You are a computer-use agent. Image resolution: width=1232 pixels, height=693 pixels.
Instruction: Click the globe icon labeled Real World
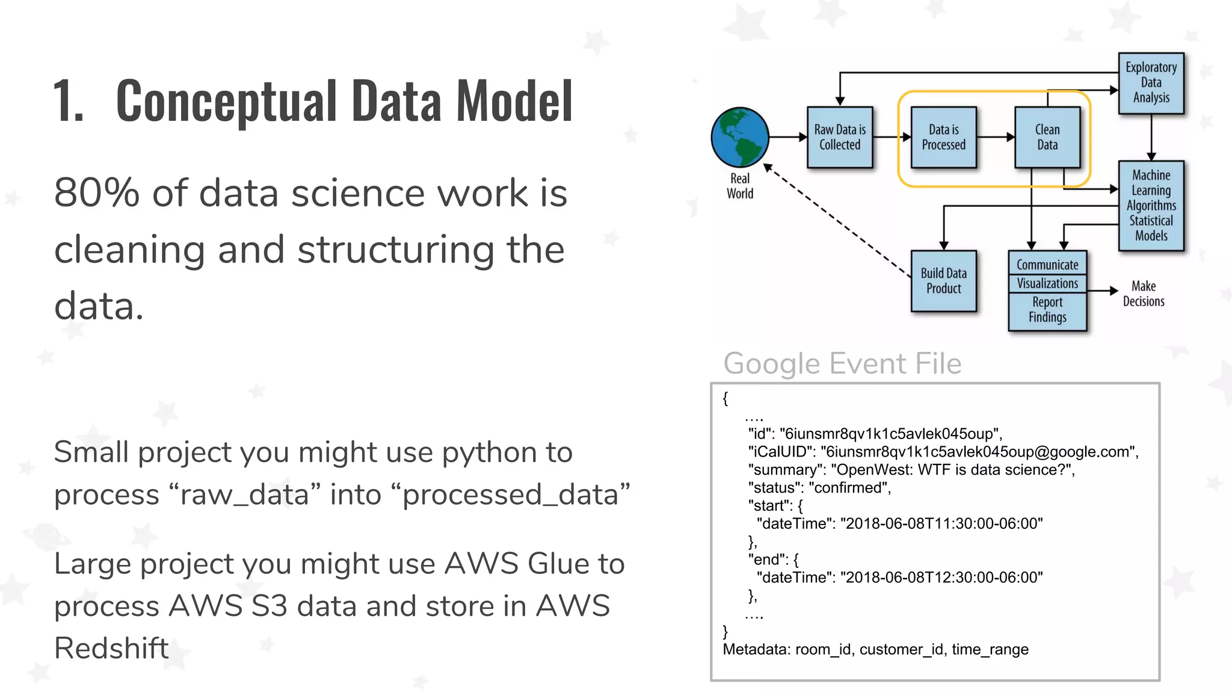[x=739, y=137]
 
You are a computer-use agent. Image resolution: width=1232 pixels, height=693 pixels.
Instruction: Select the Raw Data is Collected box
[x=840, y=137]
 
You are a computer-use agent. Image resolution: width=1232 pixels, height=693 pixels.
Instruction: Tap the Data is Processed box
[x=943, y=137]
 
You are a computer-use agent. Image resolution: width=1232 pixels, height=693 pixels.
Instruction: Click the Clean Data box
[x=1047, y=137]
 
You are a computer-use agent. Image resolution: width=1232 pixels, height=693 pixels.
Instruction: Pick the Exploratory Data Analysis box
[x=1151, y=83]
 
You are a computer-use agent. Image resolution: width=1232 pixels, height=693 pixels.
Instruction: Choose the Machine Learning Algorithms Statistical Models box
[x=1151, y=205]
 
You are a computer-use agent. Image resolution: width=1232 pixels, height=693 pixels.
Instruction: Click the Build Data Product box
[x=943, y=281]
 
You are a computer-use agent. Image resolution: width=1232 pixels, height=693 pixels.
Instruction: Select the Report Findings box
[x=1047, y=310]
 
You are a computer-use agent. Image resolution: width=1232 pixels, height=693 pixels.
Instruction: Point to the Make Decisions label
[x=1144, y=294]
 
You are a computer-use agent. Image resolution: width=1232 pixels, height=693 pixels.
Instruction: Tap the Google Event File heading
[x=842, y=363]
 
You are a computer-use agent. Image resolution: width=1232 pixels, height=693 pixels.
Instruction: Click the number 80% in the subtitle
[x=96, y=194]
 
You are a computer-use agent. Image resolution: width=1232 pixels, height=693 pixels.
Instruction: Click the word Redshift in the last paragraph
[x=111, y=648]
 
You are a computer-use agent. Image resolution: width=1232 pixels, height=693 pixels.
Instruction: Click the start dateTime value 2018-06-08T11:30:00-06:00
[x=941, y=524]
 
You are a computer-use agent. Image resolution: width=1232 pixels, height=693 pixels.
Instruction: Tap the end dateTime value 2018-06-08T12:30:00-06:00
[x=941, y=578]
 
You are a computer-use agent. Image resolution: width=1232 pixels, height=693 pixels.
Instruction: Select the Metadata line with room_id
[x=875, y=650]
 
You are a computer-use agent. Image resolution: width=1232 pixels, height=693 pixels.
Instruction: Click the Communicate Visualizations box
[x=1047, y=274]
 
